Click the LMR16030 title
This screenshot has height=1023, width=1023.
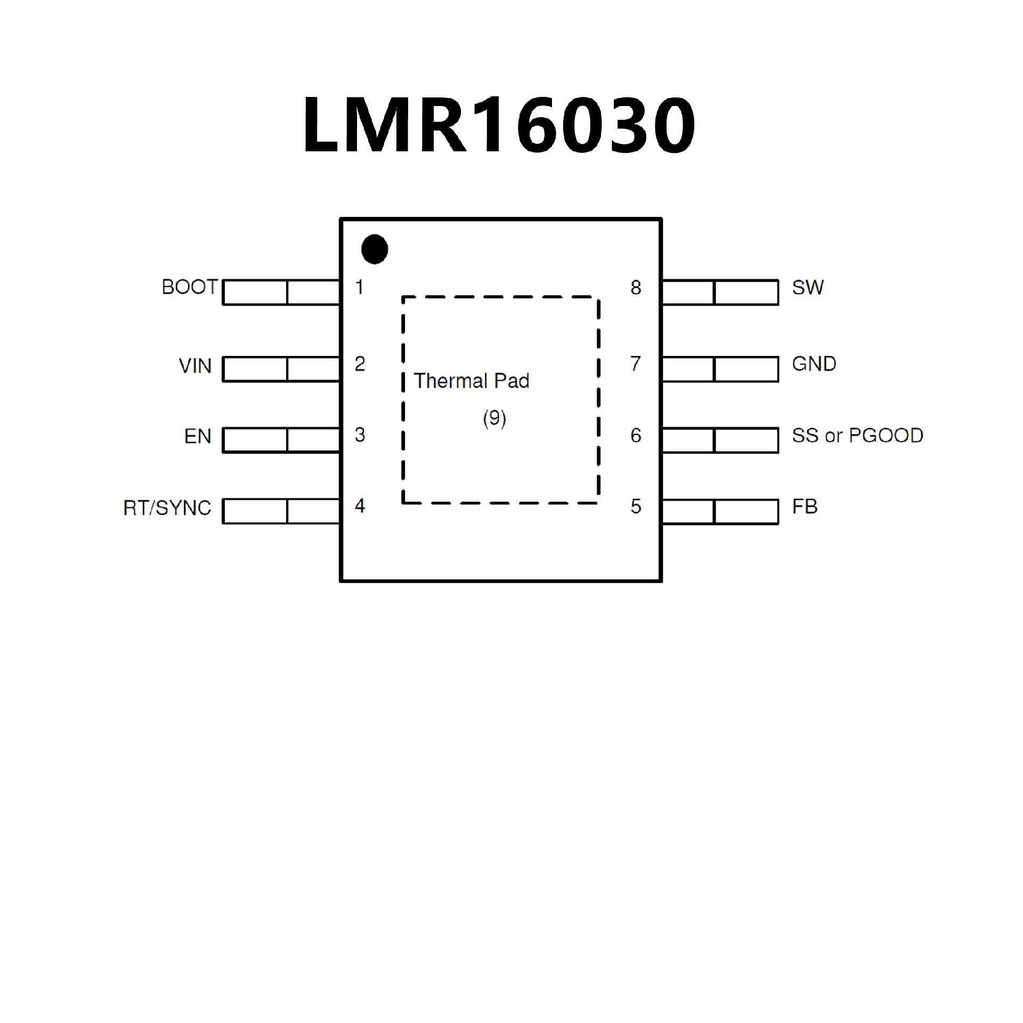click(499, 125)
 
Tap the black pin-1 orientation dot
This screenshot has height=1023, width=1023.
click(374, 249)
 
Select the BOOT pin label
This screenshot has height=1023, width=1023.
click(190, 287)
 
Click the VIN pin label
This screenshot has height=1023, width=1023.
click(195, 366)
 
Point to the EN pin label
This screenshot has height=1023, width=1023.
click(198, 436)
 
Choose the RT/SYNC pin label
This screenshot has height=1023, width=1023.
click(167, 508)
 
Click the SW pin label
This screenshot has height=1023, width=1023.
click(808, 288)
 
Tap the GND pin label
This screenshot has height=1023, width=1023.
click(814, 364)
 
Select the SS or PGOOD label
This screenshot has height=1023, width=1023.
click(857, 435)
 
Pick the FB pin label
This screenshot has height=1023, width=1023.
click(805, 506)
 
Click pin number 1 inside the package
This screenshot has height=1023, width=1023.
click(360, 287)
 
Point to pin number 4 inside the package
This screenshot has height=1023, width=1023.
click(360, 506)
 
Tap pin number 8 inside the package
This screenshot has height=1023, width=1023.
click(636, 288)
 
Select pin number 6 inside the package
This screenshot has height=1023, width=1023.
click(636, 435)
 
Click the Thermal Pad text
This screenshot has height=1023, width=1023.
click(472, 381)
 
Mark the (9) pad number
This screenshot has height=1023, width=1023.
click(494, 418)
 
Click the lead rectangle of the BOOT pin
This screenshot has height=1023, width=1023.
click(281, 293)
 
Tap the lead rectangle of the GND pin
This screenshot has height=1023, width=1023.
click(720, 369)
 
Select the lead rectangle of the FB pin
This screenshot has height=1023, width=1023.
click(720, 511)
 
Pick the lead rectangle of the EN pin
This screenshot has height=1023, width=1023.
click(281, 441)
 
